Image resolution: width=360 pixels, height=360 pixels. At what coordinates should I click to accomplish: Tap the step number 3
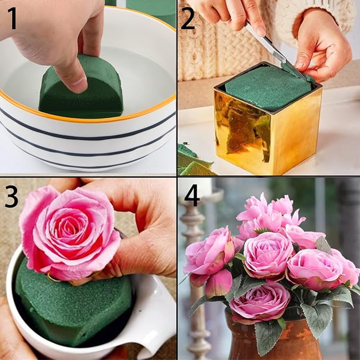[11, 196]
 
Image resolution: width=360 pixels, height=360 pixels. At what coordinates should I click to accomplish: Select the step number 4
[191, 196]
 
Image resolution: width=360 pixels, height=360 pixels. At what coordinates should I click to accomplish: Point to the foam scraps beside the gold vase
[194, 162]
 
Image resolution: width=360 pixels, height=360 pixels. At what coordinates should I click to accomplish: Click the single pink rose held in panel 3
[69, 228]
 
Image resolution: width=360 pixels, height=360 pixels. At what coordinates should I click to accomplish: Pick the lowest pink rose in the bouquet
[260, 302]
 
